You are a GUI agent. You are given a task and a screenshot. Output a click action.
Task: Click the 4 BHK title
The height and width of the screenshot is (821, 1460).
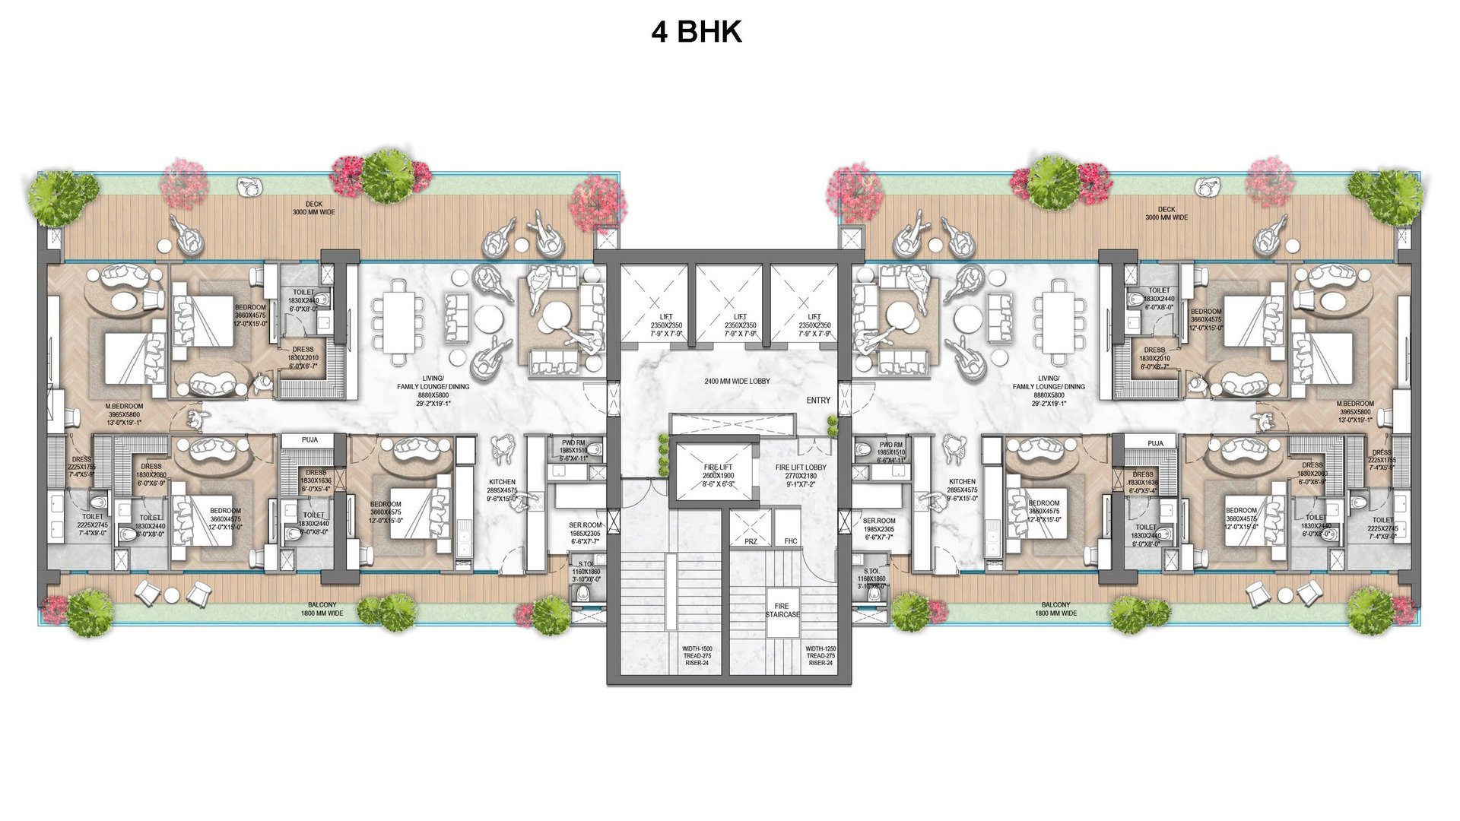tap(696, 32)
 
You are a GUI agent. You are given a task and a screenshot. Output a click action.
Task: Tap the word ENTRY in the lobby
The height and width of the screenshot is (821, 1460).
tap(818, 401)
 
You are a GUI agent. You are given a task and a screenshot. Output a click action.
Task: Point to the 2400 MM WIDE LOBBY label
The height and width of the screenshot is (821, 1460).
tap(737, 382)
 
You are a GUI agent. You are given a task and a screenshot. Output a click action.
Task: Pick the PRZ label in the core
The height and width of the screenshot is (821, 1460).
tap(751, 541)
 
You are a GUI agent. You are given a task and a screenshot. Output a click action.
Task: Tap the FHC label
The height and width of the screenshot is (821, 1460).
tap(791, 541)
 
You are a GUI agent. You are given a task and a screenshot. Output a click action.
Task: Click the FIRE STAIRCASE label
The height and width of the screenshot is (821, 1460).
tap(782, 610)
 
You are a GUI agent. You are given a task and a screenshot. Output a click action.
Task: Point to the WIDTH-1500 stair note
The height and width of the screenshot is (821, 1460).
tap(697, 656)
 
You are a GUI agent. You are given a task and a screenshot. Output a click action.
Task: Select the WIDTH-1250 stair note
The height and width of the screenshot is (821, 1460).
tap(820, 656)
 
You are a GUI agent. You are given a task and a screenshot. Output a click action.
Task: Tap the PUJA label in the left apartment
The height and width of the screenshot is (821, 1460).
tap(309, 440)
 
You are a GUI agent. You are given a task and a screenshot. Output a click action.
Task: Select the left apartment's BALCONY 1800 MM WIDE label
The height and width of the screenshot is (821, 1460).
tap(322, 609)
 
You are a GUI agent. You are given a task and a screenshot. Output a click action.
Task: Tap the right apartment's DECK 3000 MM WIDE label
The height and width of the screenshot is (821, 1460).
tap(1166, 214)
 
